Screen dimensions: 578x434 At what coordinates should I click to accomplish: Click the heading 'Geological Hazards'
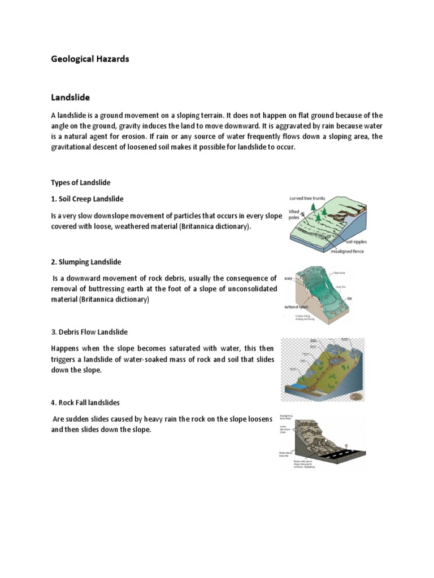click(x=90, y=59)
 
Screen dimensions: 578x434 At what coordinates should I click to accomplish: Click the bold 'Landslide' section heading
click(x=71, y=98)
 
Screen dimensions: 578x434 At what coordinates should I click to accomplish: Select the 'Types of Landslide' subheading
click(x=81, y=182)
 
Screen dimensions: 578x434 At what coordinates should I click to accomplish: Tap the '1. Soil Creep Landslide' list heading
click(x=87, y=199)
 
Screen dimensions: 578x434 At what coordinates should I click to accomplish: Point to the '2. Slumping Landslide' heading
click(x=86, y=262)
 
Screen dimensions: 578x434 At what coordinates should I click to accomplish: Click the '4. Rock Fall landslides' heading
click(x=85, y=402)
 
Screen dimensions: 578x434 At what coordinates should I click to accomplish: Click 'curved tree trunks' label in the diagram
click(x=309, y=199)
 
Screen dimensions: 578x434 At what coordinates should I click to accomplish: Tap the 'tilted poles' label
click(x=294, y=213)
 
